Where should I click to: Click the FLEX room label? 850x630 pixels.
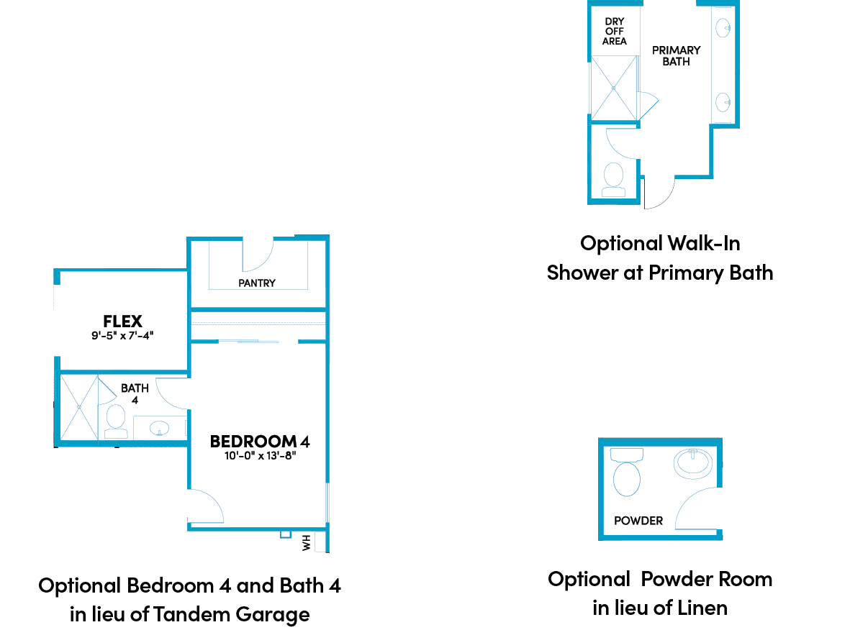(x=122, y=321)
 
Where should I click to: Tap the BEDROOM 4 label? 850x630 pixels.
(x=260, y=442)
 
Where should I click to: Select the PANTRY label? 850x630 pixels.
(x=257, y=283)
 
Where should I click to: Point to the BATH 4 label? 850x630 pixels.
(x=135, y=394)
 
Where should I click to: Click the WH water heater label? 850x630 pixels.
(x=307, y=542)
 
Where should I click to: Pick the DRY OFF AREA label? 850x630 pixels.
(x=614, y=32)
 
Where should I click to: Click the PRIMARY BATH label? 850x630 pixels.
(x=676, y=56)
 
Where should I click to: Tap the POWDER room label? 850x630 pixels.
(x=638, y=521)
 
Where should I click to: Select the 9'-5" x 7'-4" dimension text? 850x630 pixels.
(x=122, y=335)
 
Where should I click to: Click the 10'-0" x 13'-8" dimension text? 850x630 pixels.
(x=261, y=455)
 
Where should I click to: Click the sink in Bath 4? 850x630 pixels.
(x=159, y=428)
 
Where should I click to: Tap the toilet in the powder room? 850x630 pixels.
(x=627, y=472)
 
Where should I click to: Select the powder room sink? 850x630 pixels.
(x=693, y=463)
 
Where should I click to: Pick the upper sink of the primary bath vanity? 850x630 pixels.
(x=723, y=27)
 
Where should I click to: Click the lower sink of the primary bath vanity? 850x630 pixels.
(x=723, y=102)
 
